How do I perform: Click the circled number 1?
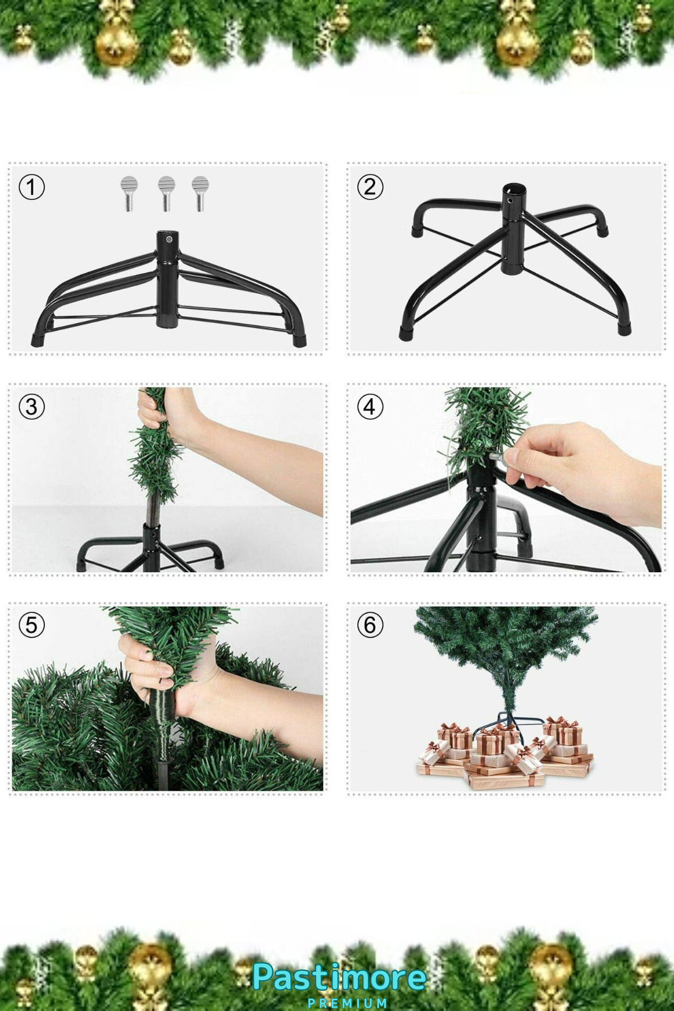tap(31, 187)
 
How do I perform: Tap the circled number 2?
tap(370, 187)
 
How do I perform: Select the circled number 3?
tap(31, 407)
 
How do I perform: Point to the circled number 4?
tap(370, 407)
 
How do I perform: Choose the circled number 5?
tap(31, 625)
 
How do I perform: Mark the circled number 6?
tap(370, 625)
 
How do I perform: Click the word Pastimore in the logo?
tap(339, 978)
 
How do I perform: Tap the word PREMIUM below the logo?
tap(347, 1003)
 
